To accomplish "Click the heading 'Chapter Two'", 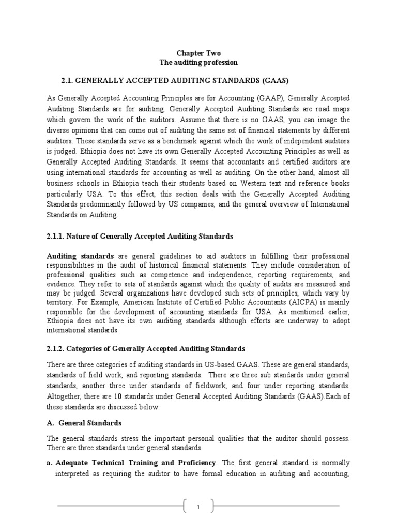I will (x=199, y=53).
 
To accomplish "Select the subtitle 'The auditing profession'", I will (x=199, y=62).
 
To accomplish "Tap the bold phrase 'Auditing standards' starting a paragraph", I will (x=81, y=256).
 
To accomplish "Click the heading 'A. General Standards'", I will (x=84, y=423).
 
